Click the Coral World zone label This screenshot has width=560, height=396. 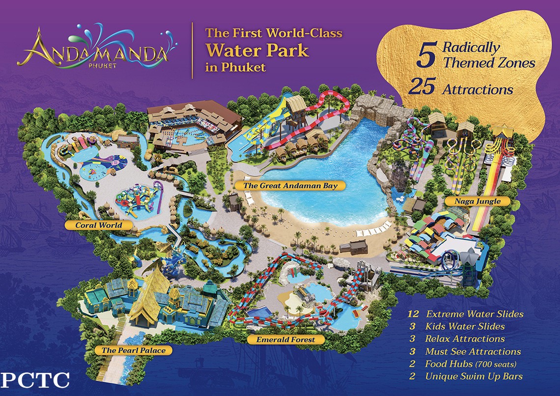99,226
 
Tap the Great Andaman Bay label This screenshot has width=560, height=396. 290,186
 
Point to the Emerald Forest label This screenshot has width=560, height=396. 285,339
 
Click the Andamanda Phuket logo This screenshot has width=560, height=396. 94,49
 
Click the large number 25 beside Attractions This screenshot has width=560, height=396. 421,88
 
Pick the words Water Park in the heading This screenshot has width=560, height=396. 257,51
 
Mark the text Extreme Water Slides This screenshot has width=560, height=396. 475,314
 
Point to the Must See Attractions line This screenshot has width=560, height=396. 473,351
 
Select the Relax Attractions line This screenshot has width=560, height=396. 465,339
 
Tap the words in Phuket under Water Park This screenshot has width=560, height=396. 236,67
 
